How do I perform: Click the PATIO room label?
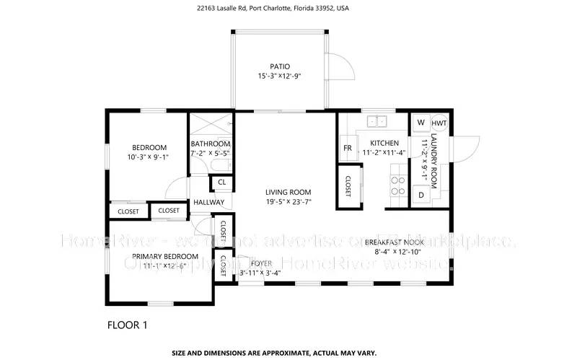point(280,66)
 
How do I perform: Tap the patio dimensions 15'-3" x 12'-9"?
point(280,76)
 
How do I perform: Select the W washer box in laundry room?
point(420,123)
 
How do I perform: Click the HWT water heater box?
point(439,123)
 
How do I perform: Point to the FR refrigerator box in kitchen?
point(347,148)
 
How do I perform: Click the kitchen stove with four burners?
point(397,183)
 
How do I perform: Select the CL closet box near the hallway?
point(222,182)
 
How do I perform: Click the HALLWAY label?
point(208,203)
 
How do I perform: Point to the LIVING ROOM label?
point(288,192)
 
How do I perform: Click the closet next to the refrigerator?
point(348,185)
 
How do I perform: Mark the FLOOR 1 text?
point(127,325)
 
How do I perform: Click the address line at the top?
point(288,10)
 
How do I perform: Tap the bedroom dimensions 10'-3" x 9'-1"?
point(148,157)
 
